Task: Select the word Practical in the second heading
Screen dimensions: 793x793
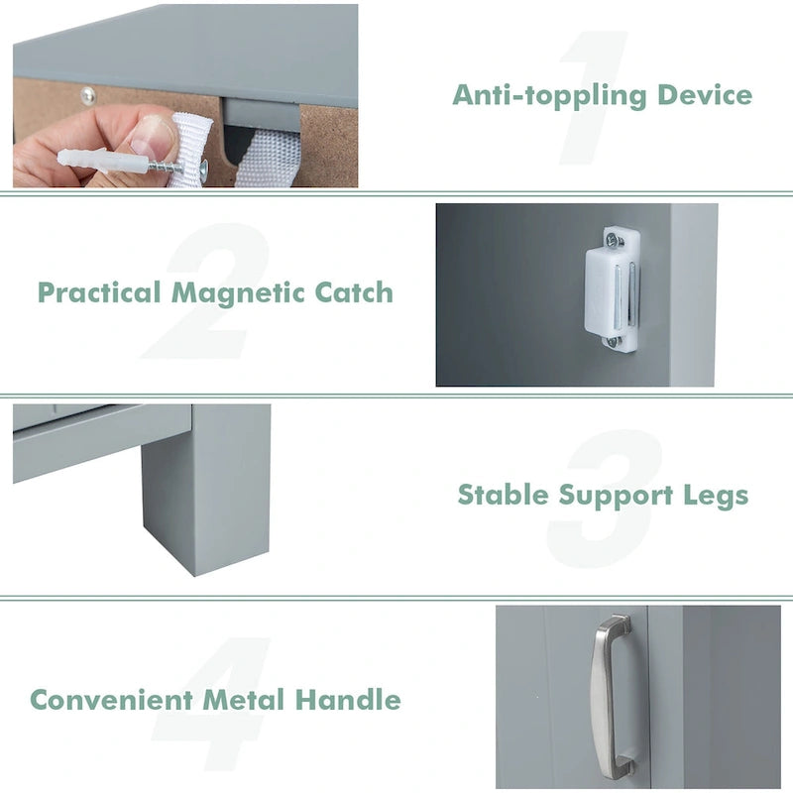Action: point(99,293)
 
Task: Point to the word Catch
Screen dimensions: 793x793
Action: point(354,293)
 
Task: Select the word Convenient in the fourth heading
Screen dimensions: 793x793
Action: point(112,700)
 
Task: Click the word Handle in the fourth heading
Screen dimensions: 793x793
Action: point(348,700)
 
